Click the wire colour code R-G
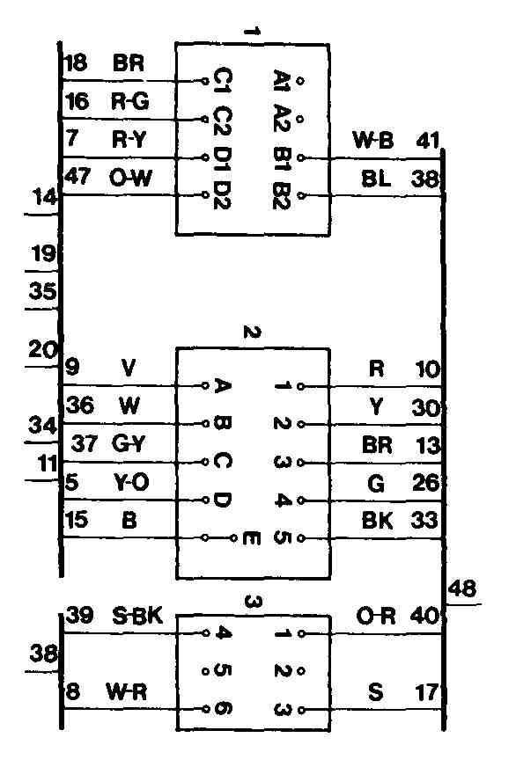tap(129, 102)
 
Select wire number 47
tap(77, 176)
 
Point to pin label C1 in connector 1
tap(222, 81)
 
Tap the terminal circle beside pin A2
tap(300, 119)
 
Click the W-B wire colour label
tap(373, 141)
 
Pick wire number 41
tap(428, 141)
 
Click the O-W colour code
tap(130, 178)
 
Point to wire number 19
tap(43, 254)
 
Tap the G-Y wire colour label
tap(129, 443)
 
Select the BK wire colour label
tap(377, 521)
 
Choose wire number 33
tap(424, 520)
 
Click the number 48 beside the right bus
tap(461, 588)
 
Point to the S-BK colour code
tap(137, 616)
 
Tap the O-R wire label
tap(375, 616)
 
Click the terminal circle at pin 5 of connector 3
tap(206, 671)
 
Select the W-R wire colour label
tap(126, 692)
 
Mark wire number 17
tap(426, 692)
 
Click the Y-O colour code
tap(131, 483)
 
